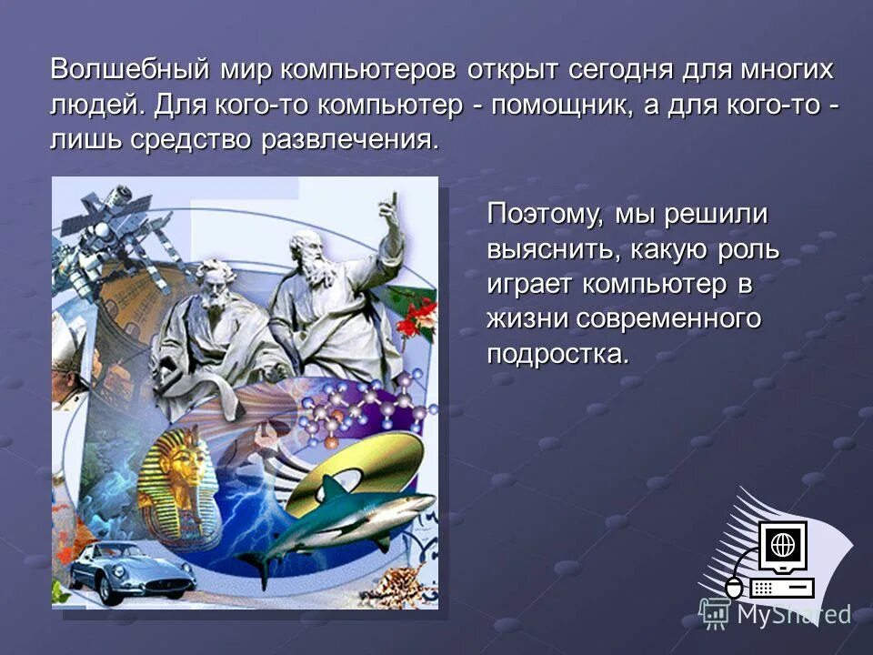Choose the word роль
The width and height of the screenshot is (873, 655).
[x=748, y=250]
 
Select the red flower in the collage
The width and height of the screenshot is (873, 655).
[x=419, y=314]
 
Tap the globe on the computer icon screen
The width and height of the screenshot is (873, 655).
[x=783, y=545]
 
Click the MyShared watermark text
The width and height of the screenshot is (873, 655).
[x=793, y=615]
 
